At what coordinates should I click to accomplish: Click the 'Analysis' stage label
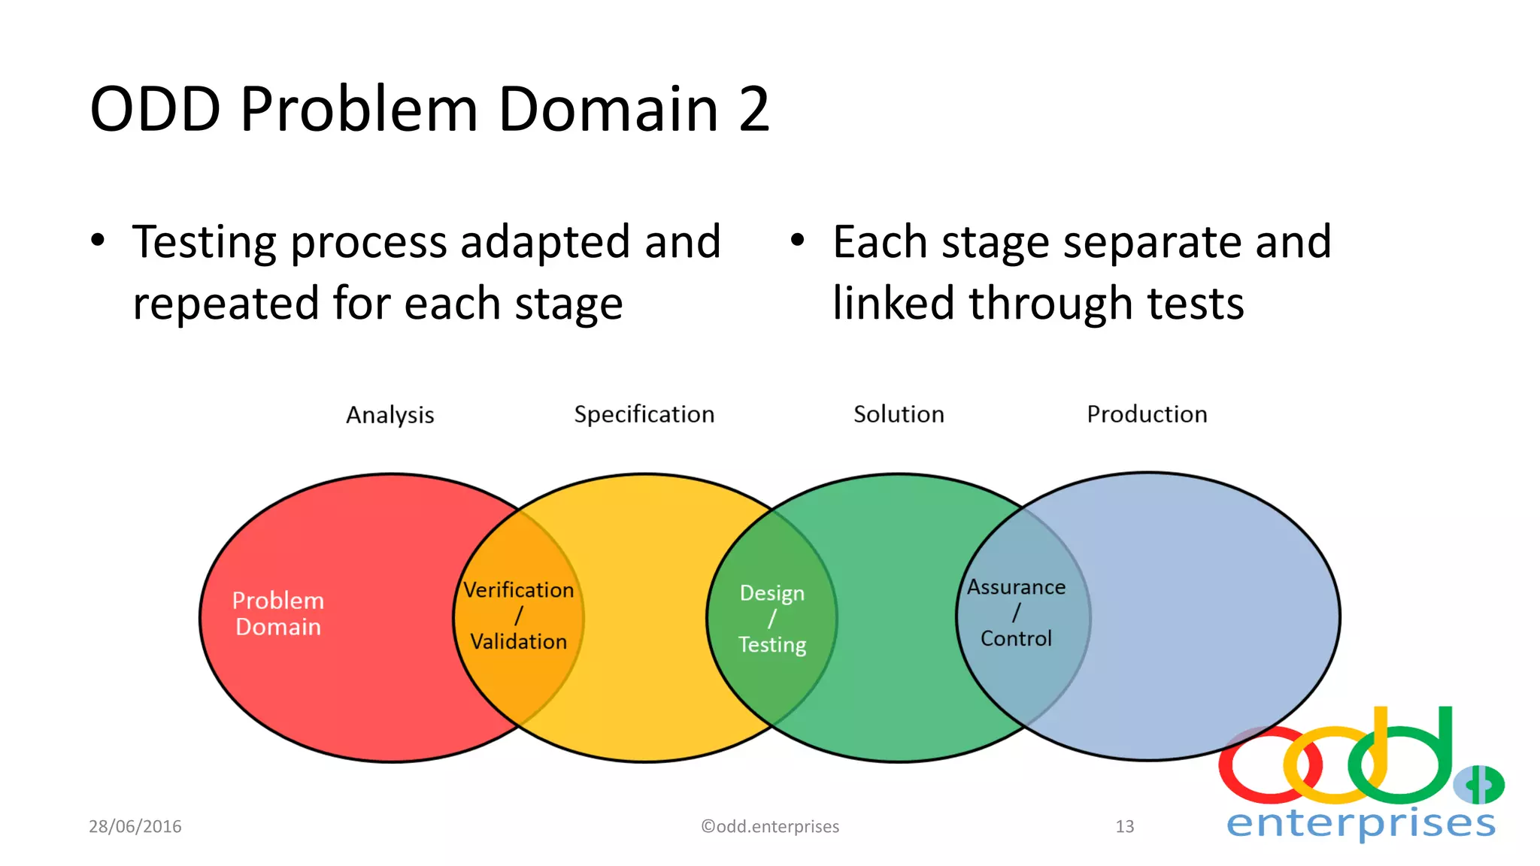[x=390, y=415]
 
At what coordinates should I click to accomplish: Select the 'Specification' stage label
[x=644, y=414]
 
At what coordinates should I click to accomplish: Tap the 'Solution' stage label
[x=899, y=414]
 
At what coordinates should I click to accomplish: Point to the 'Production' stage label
[x=1147, y=414]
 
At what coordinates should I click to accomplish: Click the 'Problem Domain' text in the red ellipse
[x=278, y=613]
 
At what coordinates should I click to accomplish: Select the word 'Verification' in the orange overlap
[x=518, y=590]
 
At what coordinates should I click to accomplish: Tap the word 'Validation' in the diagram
[x=518, y=641]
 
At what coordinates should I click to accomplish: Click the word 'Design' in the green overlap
[x=772, y=593]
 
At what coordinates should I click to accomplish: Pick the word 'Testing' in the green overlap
[x=772, y=644]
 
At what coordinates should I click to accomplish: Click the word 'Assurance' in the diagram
[x=1016, y=587]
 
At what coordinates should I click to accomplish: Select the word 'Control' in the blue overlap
[x=1016, y=638]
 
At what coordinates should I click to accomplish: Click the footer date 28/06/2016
[x=135, y=826]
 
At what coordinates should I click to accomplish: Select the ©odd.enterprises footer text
[x=770, y=826]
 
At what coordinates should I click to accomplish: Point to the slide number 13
[x=1124, y=826]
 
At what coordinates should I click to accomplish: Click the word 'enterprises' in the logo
[x=1361, y=823]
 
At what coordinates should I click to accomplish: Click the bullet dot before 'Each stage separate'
[x=798, y=241]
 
